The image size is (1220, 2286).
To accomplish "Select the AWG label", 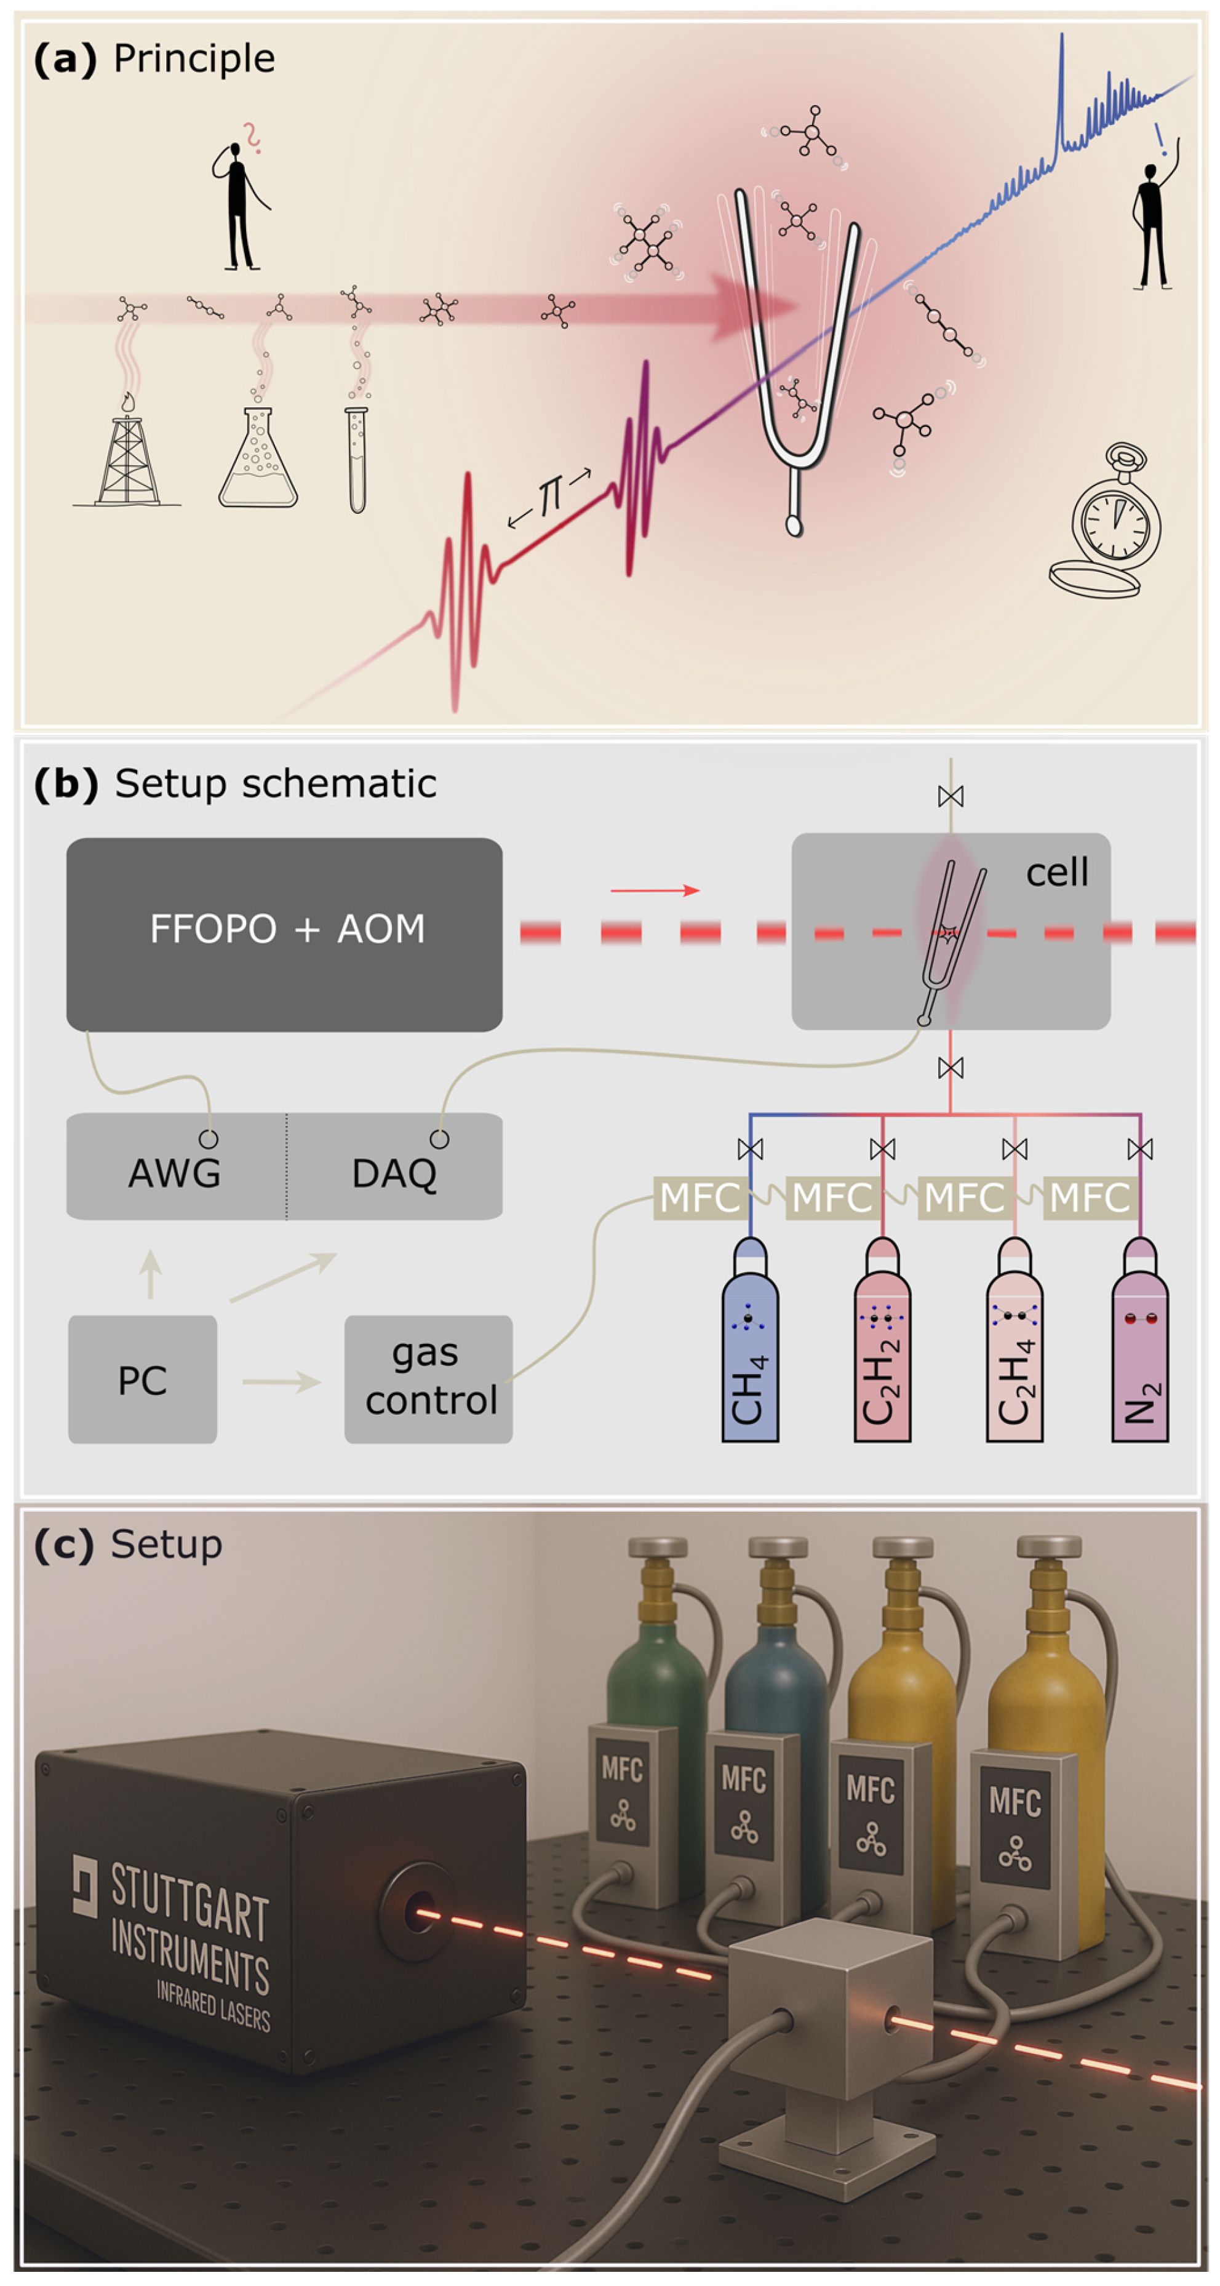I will click(174, 1173).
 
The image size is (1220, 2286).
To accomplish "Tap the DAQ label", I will click(394, 1173).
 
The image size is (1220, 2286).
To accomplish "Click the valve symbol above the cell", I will click(951, 796).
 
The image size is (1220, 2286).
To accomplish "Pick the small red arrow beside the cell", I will click(655, 890).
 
